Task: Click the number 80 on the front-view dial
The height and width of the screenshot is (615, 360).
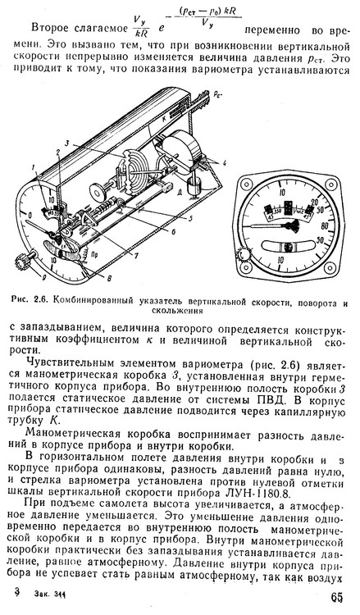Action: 333,222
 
